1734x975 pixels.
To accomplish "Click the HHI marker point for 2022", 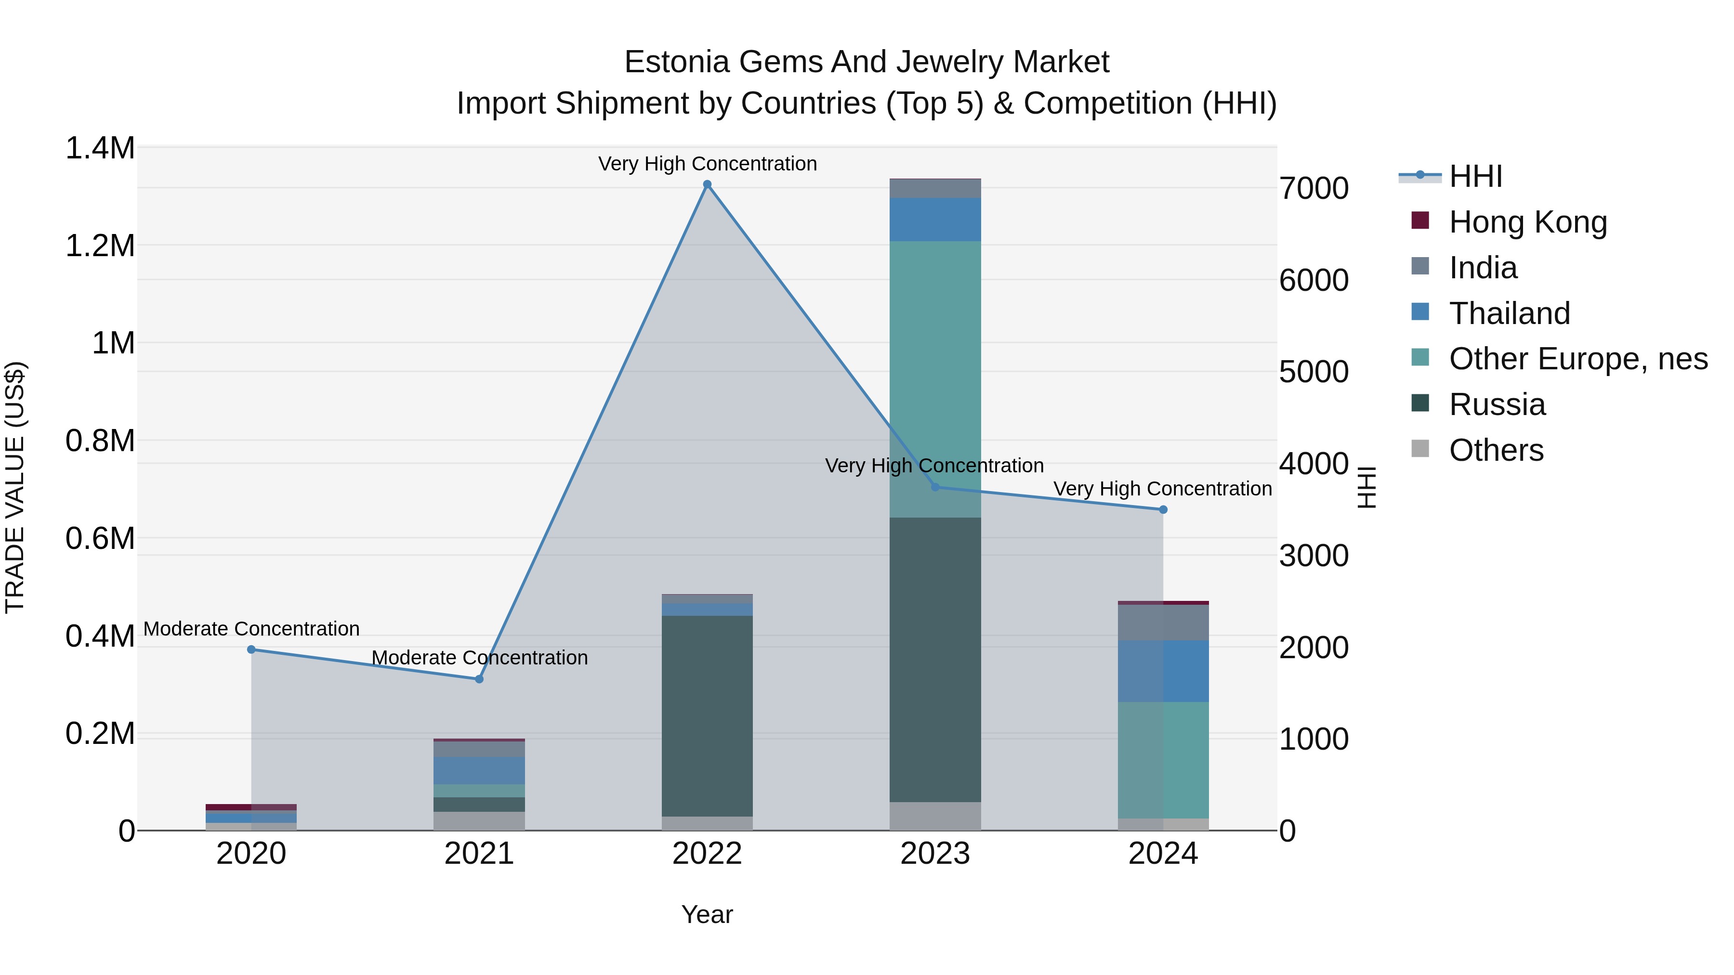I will [x=707, y=184].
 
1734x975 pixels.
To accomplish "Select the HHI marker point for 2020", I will [x=251, y=650].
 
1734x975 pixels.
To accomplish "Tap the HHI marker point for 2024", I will [x=1163, y=510].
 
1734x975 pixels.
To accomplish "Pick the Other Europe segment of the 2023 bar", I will [x=935, y=379].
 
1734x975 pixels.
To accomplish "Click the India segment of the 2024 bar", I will [x=1163, y=623].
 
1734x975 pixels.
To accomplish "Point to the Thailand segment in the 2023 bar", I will [x=935, y=220].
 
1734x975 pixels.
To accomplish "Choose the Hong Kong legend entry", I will [x=1527, y=222].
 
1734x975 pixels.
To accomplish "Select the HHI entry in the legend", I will [x=1475, y=176].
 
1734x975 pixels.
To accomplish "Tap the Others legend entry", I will [x=1496, y=450].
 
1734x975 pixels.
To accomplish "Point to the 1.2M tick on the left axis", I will [x=100, y=246].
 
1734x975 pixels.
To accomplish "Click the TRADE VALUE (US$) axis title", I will [x=15, y=487].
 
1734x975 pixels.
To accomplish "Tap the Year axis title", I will [x=707, y=914].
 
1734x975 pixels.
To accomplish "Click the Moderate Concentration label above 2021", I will [x=479, y=657].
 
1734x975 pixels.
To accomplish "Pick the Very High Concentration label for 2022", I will [x=707, y=164].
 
